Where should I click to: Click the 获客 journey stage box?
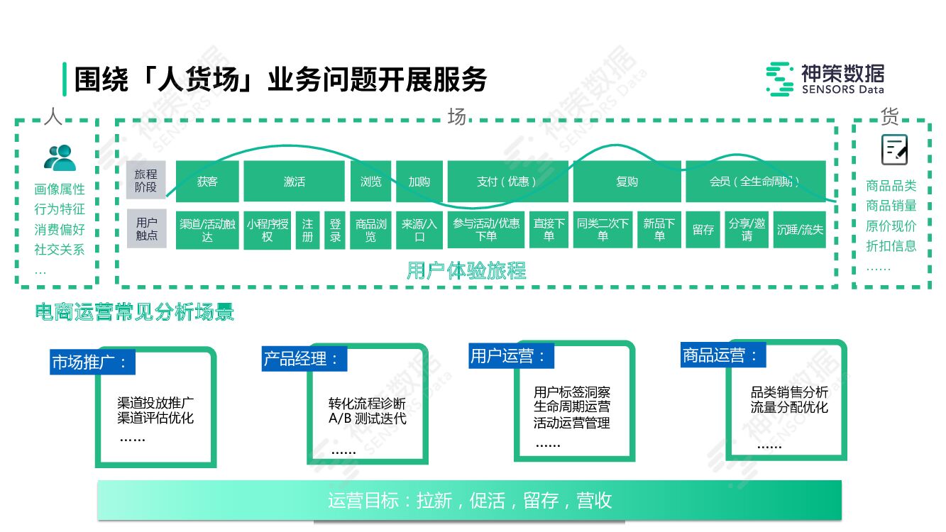tap(207, 182)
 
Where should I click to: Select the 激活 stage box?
tap(295, 182)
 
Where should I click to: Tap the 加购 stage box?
tap(419, 182)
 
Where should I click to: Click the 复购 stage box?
tap(627, 182)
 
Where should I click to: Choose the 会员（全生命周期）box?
tap(755, 182)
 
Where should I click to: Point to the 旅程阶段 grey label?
tap(146, 181)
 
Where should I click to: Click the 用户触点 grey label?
tap(146, 228)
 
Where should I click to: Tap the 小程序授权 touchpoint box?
tap(268, 229)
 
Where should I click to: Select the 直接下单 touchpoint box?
tap(549, 229)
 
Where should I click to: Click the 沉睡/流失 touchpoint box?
tap(800, 229)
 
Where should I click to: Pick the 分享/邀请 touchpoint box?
tap(747, 229)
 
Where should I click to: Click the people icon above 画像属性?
tap(60, 157)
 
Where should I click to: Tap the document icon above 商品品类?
tap(894, 150)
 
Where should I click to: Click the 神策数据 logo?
tap(825, 79)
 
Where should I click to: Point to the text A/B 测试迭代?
tap(367, 419)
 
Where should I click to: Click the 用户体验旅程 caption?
tap(466, 270)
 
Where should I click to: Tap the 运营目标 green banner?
tap(469, 500)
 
